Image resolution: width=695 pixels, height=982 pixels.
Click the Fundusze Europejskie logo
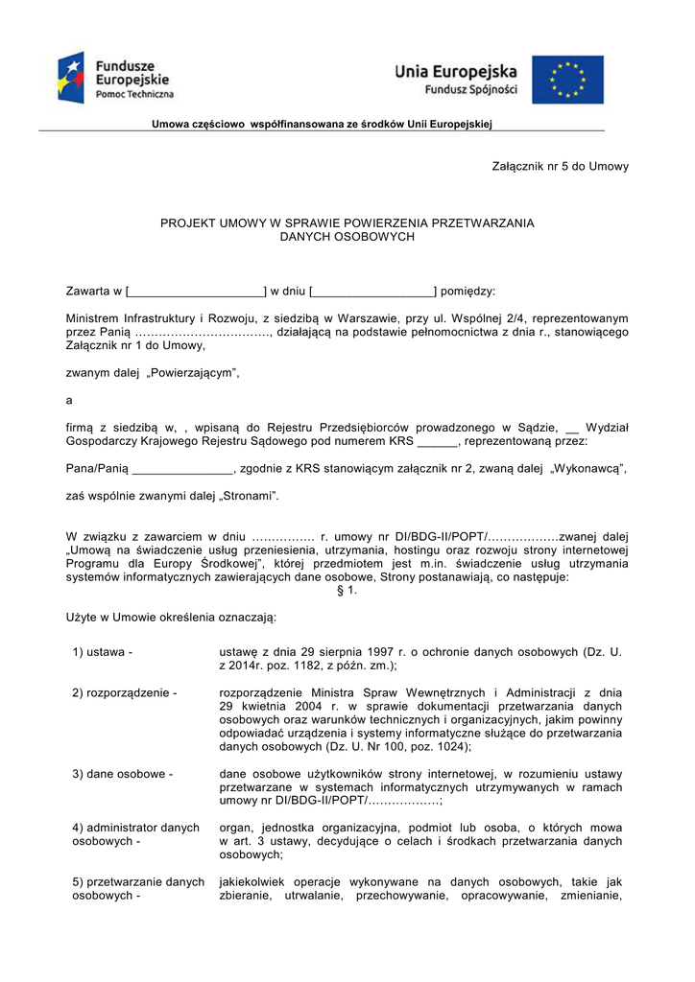coord(116,78)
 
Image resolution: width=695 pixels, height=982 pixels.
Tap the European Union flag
coord(568,79)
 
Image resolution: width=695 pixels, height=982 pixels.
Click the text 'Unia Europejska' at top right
coord(456,71)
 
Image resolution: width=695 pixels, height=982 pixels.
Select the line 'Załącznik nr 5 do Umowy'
coord(561,166)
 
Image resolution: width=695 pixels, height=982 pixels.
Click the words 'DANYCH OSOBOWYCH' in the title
coord(347,236)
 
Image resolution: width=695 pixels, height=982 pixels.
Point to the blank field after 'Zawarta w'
coord(197,291)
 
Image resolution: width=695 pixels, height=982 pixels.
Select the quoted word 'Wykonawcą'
coord(587,468)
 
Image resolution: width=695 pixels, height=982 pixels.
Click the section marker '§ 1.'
coord(347,591)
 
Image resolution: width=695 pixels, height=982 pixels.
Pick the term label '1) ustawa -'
coord(102,652)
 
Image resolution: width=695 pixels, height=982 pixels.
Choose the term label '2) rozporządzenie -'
coord(125,691)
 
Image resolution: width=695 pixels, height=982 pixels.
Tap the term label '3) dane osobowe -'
coord(122,773)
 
